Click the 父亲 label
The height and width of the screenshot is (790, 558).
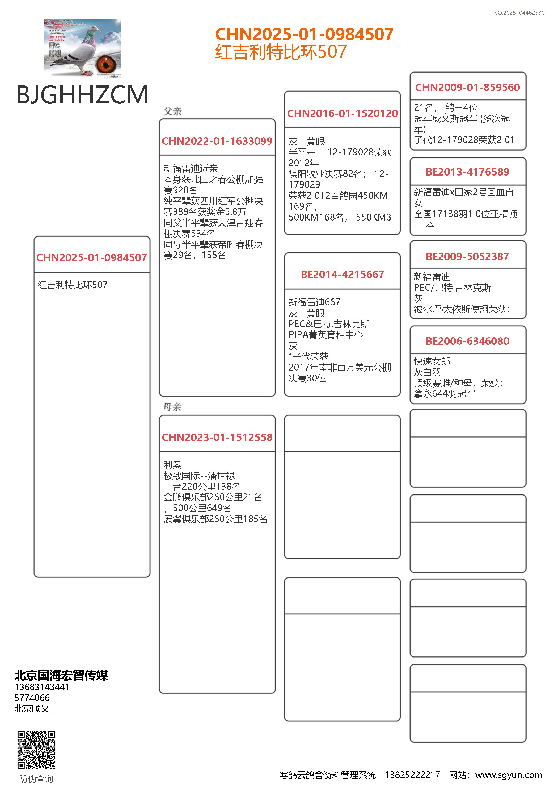pyautogui.click(x=172, y=111)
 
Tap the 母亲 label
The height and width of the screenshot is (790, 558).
pyautogui.click(x=172, y=407)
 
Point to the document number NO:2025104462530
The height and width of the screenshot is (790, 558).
pyautogui.click(x=518, y=13)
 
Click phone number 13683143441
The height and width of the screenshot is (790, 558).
pyautogui.click(x=42, y=687)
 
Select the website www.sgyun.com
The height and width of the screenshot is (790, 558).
pyautogui.click(x=509, y=775)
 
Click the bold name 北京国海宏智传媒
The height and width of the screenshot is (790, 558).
pyautogui.click(x=61, y=675)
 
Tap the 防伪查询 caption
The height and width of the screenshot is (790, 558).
pyautogui.click(x=36, y=779)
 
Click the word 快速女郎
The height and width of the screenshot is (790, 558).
pyautogui.click(x=432, y=361)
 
